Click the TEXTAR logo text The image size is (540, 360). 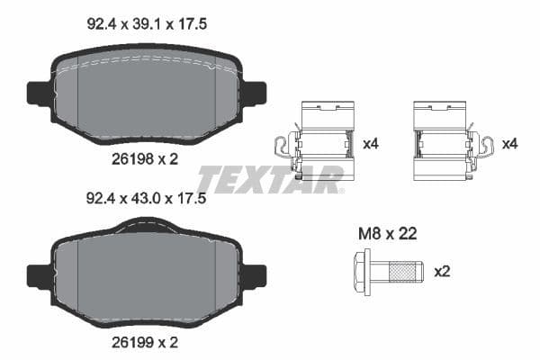[270, 178]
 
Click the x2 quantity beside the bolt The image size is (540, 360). [442, 270]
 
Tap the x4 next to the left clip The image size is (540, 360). [369, 143]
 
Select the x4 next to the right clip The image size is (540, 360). [509, 143]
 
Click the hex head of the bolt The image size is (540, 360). [360, 269]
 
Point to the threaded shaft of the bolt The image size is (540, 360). [400, 270]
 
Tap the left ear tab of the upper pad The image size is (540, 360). [38, 93]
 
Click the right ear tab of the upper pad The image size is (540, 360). [256, 93]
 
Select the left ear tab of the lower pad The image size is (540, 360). [38, 275]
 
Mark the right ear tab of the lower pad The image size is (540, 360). [256, 275]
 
